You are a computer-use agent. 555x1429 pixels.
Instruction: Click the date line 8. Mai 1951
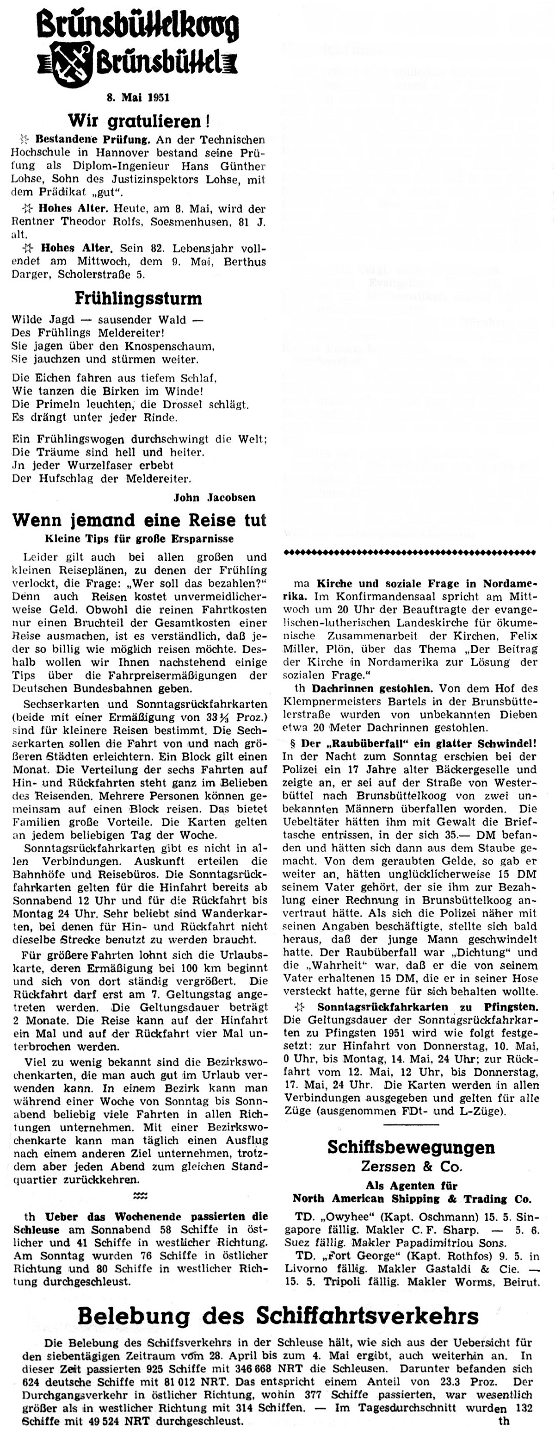click(x=138, y=98)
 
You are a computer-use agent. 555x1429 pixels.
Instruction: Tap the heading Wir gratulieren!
click(x=138, y=120)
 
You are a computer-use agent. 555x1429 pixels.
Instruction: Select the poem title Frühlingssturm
click(x=138, y=299)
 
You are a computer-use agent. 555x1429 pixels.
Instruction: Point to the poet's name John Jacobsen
click(x=215, y=498)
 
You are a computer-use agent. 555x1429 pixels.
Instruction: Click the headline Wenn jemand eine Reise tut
click(x=139, y=520)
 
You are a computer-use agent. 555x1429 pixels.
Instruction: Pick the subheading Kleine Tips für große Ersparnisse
click(x=139, y=539)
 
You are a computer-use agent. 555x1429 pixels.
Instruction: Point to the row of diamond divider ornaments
click(x=410, y=553)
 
